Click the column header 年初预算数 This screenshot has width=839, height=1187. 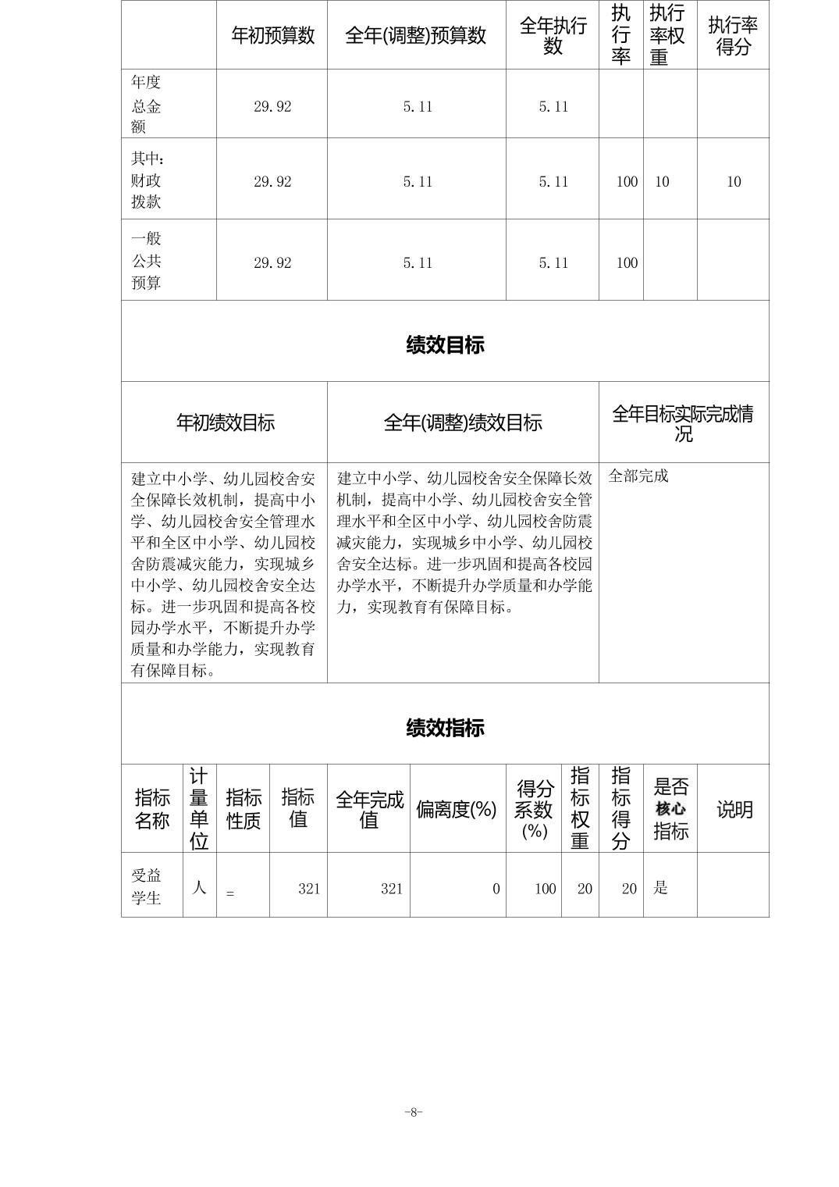[272, 36]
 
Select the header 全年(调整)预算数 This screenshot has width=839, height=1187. [416, 36]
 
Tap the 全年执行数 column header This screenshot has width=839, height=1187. [553, 36]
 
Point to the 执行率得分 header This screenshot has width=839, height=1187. [733, 36]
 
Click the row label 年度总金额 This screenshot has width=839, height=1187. [146, 105]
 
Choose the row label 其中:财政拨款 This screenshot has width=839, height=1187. [147, 180]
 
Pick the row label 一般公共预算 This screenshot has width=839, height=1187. [146, 261]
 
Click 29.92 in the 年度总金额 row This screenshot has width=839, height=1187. [272, 107]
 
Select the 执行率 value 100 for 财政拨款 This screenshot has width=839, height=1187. [627, 182]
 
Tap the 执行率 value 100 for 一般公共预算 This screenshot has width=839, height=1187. [627, 263]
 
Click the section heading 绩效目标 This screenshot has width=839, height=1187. [445, 344]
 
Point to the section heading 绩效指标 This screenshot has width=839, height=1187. [445, 728]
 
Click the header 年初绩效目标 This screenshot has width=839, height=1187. [225, 423]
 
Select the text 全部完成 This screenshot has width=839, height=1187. [638, 476]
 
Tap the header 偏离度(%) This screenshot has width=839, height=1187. [457, 810]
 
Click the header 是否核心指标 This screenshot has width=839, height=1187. [670, 809]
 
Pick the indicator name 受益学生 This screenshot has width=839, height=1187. [146, 886]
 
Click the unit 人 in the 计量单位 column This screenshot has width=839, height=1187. [199, 887]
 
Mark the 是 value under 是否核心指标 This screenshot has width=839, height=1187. [660, 888]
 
